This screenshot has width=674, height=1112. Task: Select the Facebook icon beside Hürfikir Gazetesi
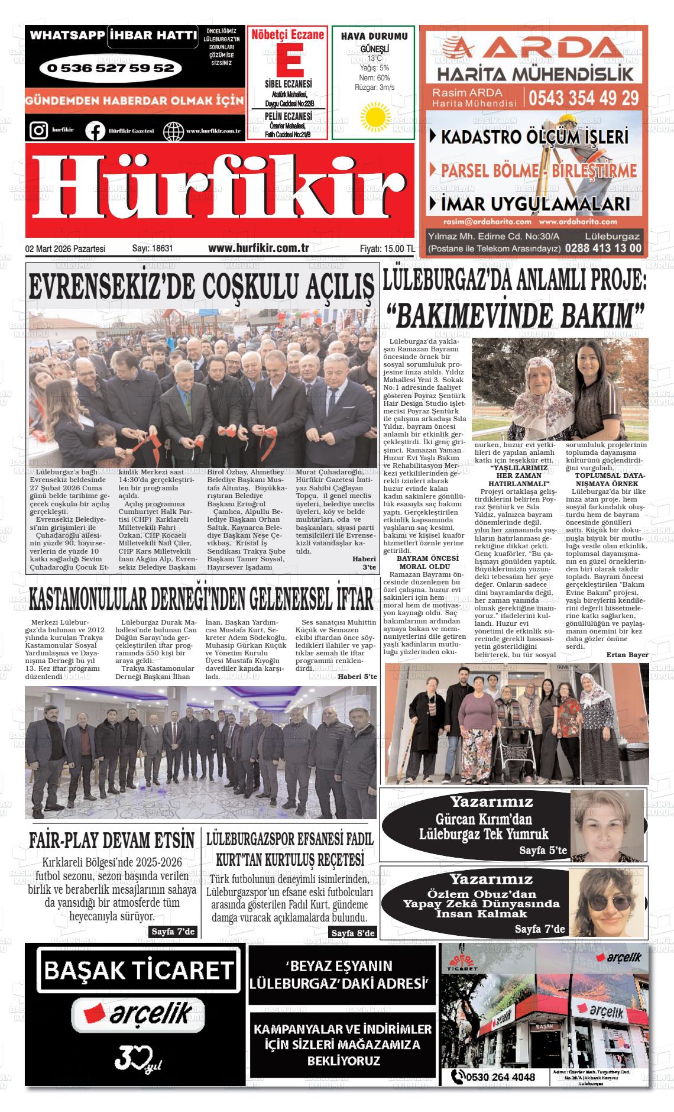pos(95,131)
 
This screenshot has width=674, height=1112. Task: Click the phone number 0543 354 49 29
pos(584,98)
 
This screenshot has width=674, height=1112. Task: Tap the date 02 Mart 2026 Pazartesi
pos(65,249)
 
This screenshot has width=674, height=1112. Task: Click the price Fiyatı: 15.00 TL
pos(387,249)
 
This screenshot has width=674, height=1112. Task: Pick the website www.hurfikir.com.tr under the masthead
pos(259,248)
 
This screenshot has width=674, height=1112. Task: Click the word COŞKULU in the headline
pos(252,287)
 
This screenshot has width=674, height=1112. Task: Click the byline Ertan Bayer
pos(627,655)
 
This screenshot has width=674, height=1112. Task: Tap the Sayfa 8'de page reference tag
pos(353,933)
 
